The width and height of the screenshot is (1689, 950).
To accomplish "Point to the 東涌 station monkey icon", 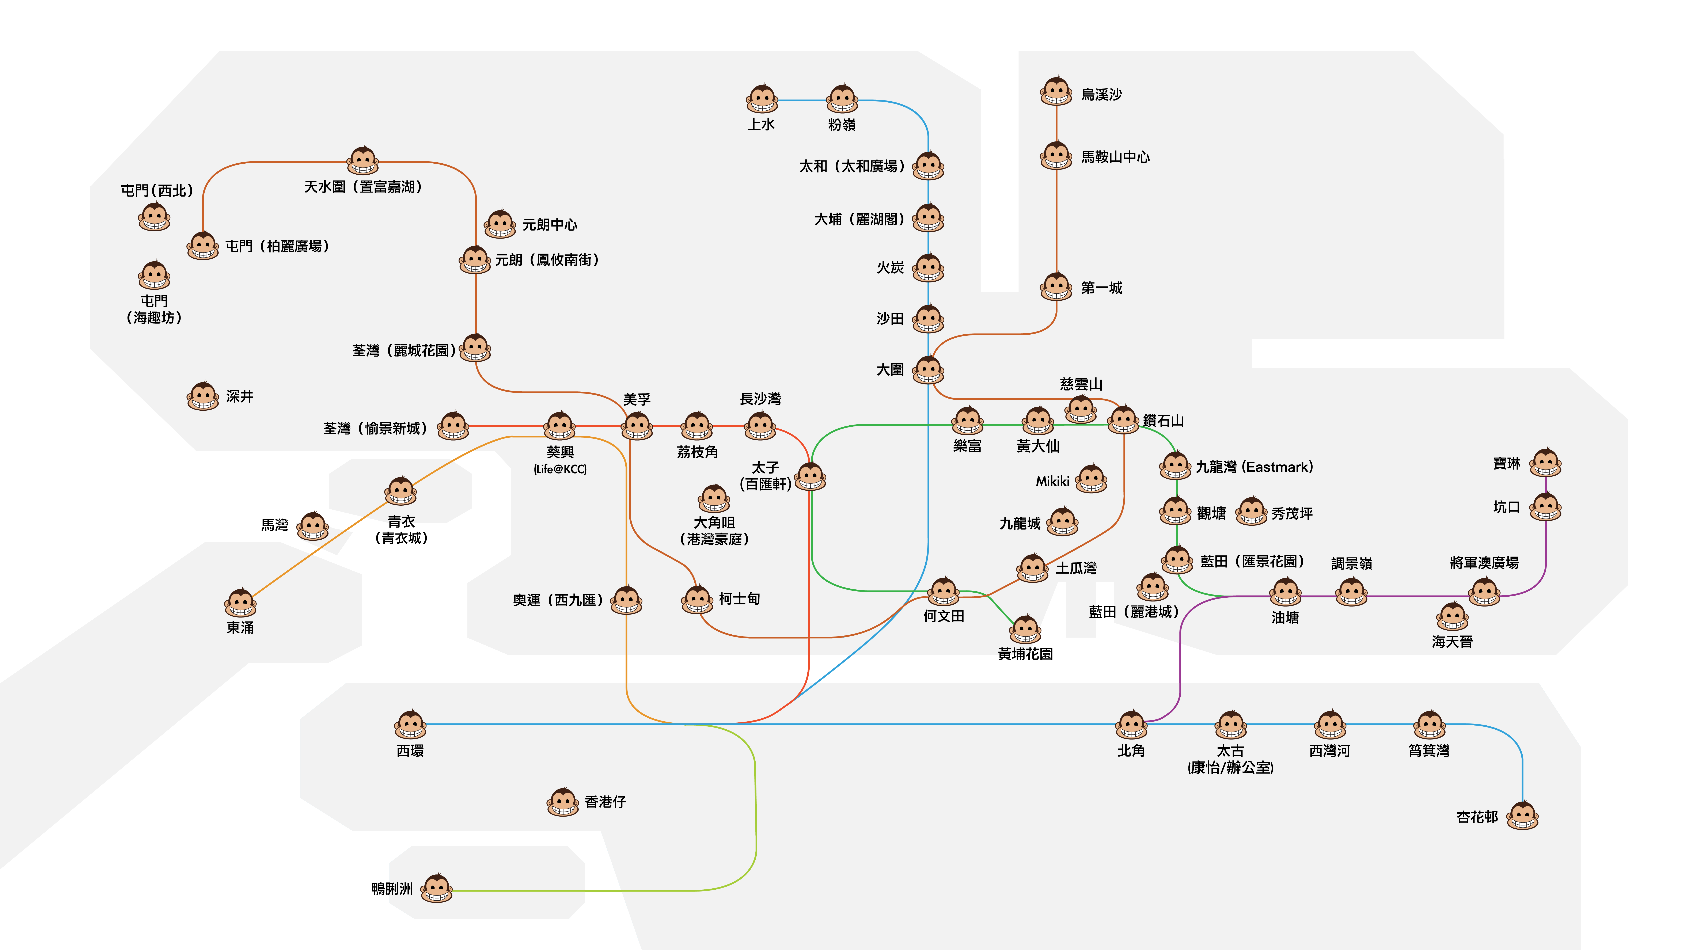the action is coord(241,603).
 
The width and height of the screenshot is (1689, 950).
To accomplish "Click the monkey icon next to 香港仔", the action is coord(563,802).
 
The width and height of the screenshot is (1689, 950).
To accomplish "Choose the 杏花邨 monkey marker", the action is coord(1522,816).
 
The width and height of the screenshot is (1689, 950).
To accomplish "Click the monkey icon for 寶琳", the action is coord(1545,463).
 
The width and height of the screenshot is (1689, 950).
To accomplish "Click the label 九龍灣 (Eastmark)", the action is coord(1254,467).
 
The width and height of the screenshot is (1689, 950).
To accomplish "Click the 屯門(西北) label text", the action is coord(157,190).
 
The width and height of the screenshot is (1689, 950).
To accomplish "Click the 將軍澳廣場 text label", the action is coord(1484,563).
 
